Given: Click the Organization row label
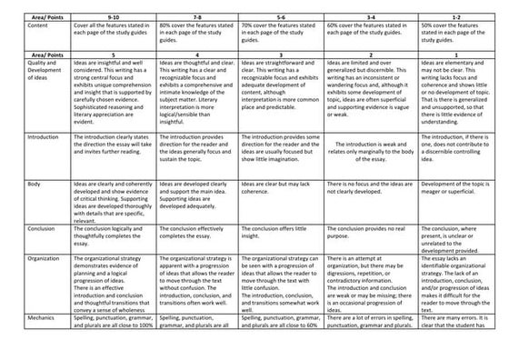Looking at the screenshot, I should (24, 261).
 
